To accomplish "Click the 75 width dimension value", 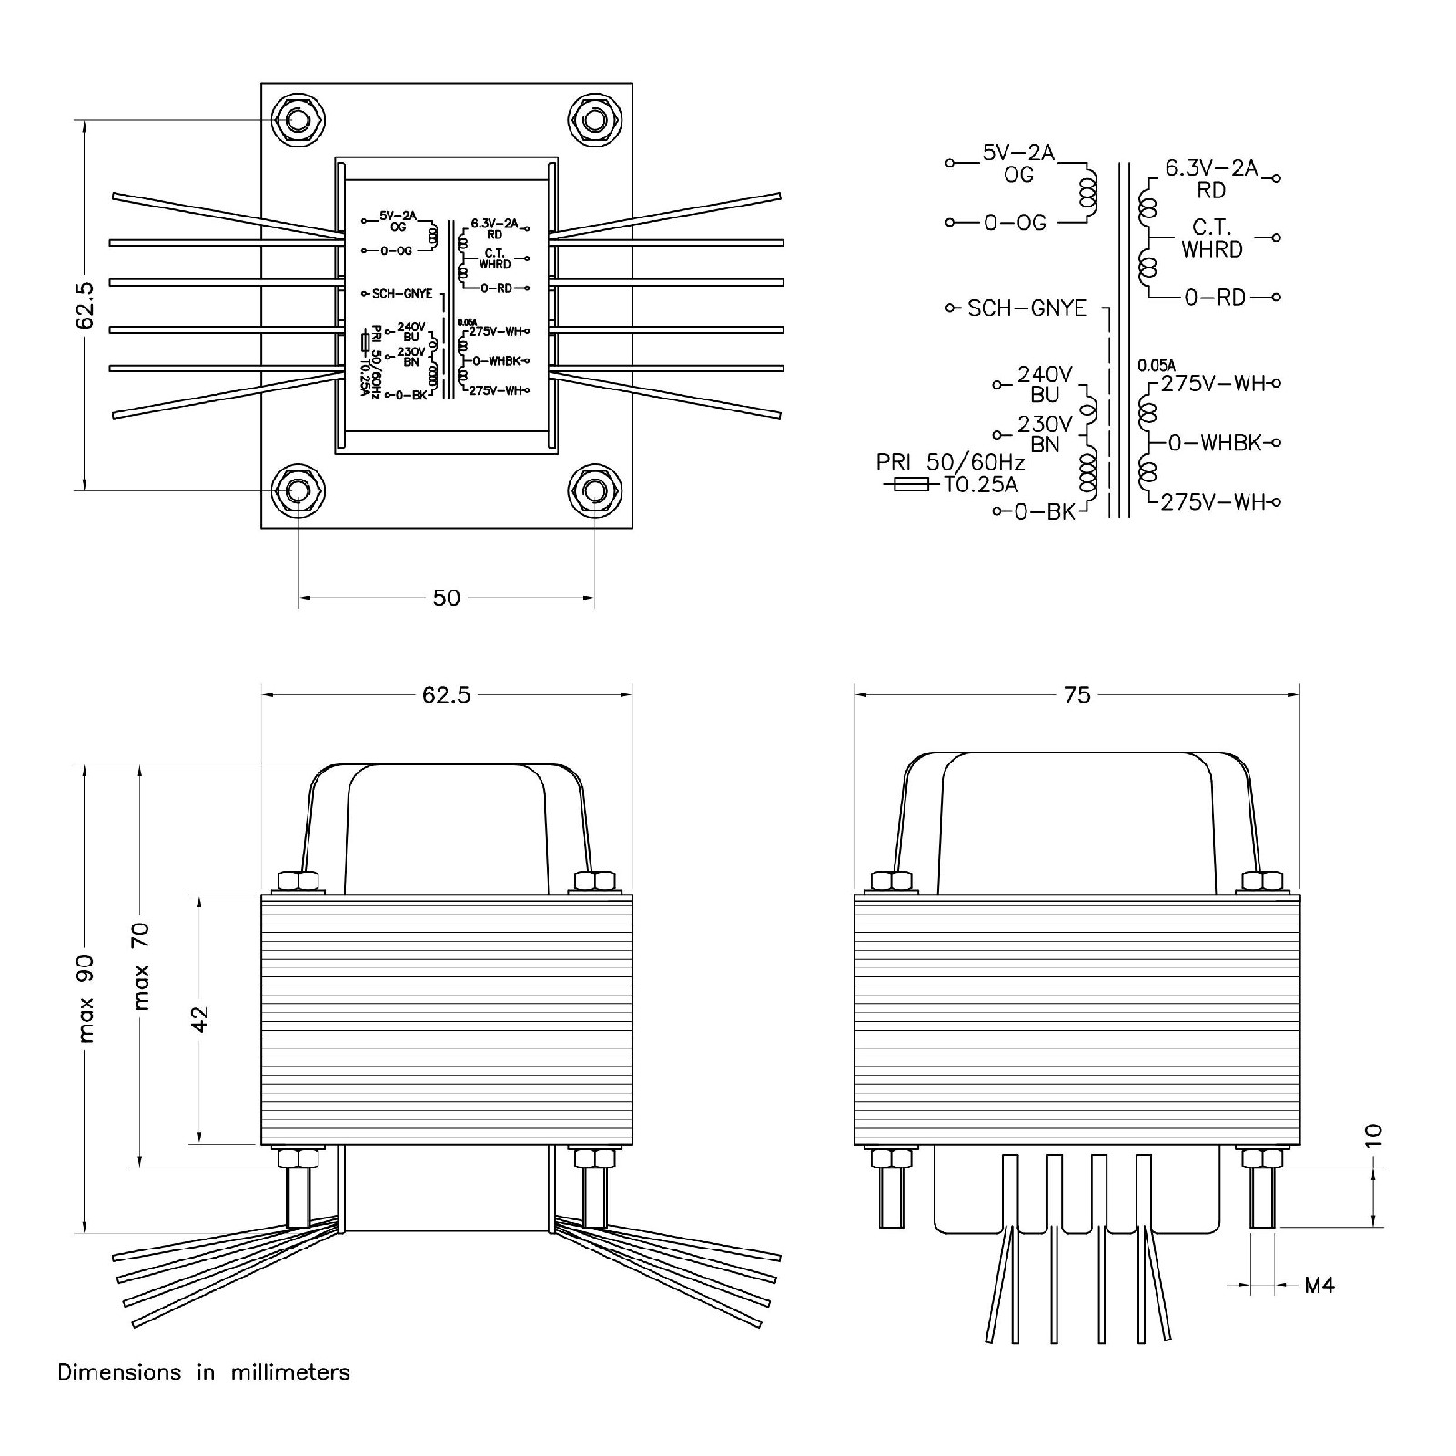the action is [1077, 695].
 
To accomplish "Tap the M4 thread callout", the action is [1319, 1285].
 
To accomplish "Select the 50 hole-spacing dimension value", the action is [446, 598].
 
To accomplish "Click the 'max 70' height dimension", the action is [141, 966].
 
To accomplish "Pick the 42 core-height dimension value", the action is [199, 1018].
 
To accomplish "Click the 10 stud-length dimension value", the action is [1373, 1134].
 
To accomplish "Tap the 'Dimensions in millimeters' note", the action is [204, 1372].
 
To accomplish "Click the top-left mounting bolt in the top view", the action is [298, 120].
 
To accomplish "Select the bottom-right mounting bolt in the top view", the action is [594, 491].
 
